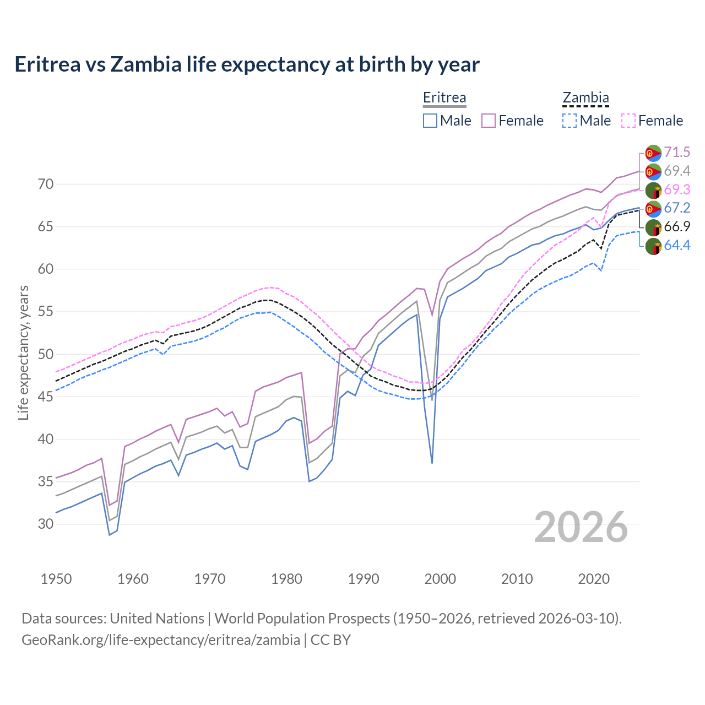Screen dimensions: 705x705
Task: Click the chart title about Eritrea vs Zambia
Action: [247, 64]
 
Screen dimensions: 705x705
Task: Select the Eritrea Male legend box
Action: [430, 121]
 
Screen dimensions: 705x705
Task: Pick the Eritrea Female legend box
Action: [489, 121]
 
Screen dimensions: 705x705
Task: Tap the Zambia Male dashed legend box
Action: [570, 121]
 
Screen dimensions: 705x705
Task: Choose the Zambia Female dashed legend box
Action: [628, 121]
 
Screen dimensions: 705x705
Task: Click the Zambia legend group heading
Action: [585, 98]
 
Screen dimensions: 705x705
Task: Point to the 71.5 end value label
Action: [677, 152]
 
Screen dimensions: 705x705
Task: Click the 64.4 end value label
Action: [677, 245]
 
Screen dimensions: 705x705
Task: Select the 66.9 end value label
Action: [677, 226]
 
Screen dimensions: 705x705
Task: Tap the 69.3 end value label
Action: [677, 189]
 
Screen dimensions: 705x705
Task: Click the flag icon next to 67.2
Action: [653, 209]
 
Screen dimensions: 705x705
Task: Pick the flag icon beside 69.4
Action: [653, 171]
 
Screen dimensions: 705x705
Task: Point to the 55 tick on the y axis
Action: [46, 312]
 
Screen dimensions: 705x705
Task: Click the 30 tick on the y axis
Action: [46, 524]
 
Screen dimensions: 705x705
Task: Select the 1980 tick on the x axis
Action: [286, 579]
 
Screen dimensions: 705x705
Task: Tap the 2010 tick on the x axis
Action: [517, 579]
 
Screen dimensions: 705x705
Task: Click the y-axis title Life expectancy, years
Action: [23, 352]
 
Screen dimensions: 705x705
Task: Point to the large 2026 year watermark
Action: [581, 527]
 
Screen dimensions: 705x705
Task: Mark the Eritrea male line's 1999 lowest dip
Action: [432, 463]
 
